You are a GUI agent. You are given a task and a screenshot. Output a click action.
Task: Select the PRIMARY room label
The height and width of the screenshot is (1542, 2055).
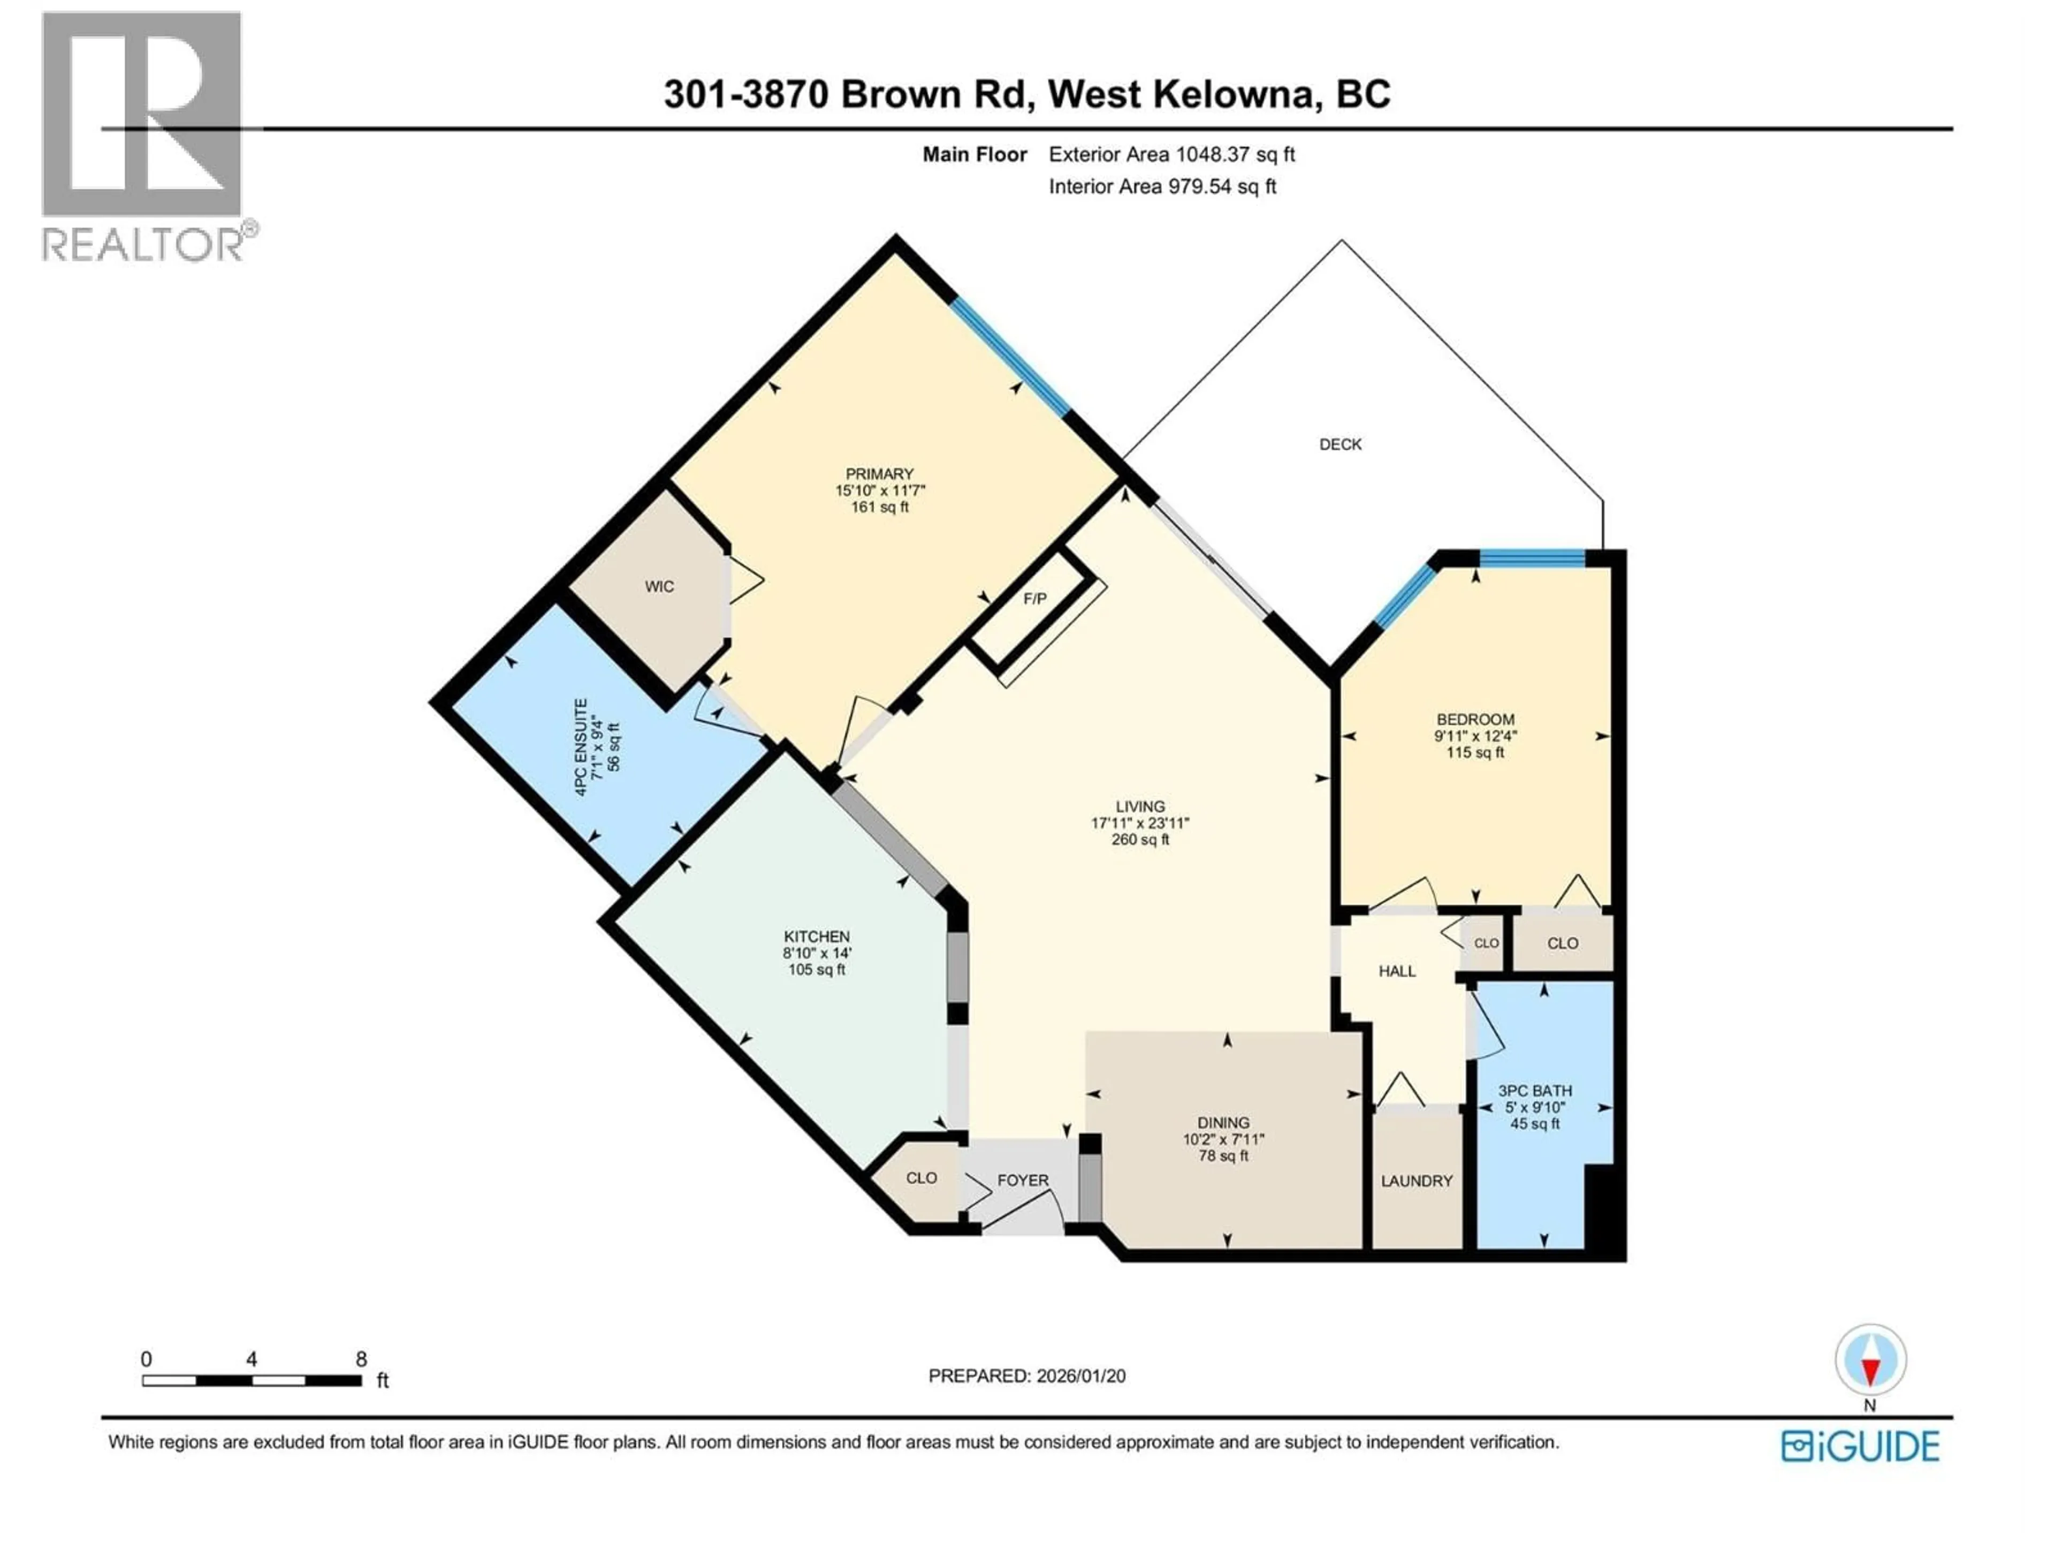879,474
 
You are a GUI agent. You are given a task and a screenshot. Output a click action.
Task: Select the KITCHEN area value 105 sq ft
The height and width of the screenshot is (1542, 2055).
817,970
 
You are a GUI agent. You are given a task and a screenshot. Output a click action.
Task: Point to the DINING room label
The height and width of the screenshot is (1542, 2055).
1223,1123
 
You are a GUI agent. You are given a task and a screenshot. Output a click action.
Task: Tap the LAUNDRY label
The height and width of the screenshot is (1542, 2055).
1416,1181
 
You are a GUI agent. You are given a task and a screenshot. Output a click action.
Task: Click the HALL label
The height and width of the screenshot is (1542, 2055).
1396,971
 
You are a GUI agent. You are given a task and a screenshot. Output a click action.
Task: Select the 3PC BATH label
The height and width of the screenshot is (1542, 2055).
1535,1091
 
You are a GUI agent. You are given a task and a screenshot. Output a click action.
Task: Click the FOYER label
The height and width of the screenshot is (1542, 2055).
1022,1181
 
